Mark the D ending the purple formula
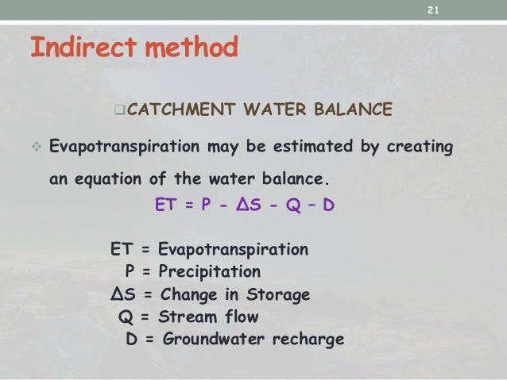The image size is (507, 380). click(x=328, y=207)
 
